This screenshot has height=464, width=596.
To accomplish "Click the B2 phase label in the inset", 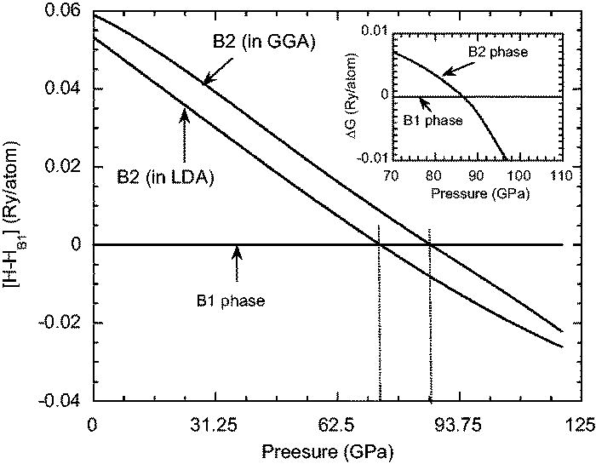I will tap(501, 52).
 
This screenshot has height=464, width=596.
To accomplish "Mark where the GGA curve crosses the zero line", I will tap(430, 244).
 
